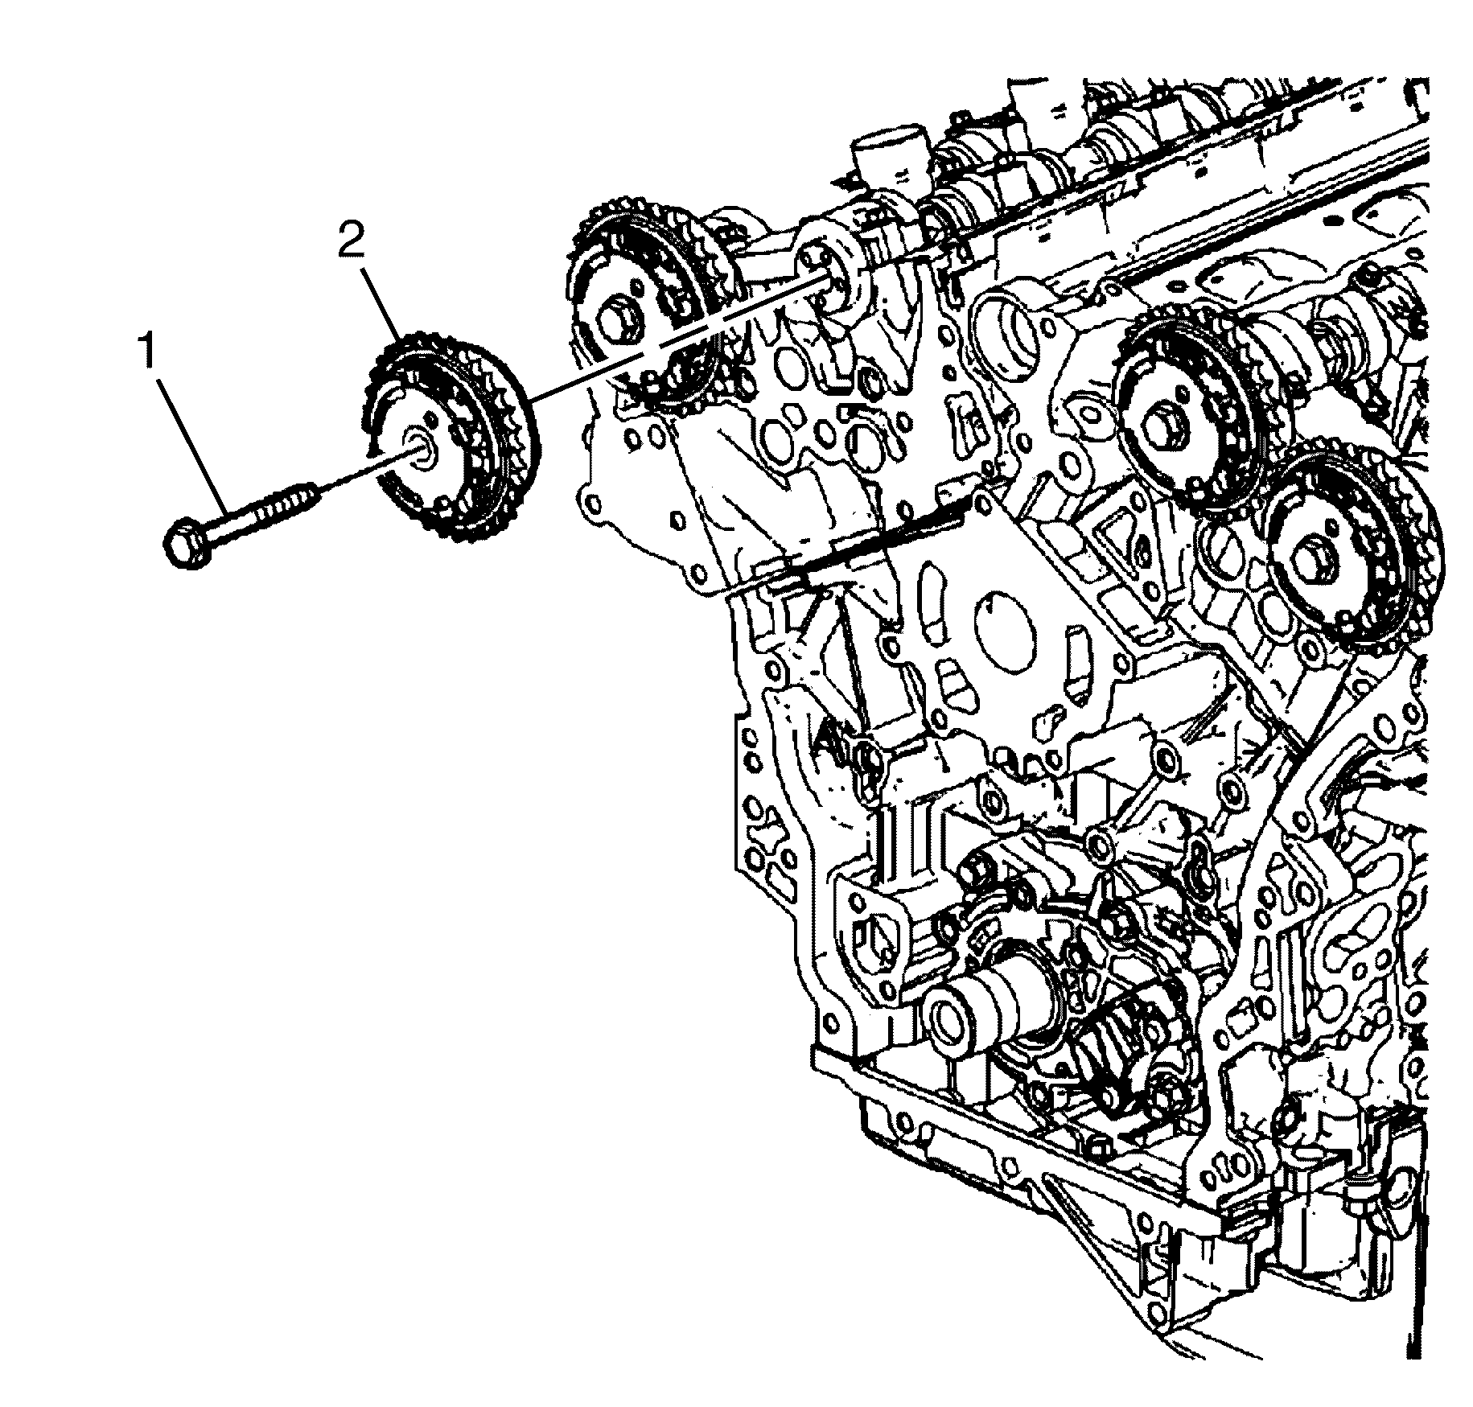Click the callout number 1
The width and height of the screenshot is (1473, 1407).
pos(146,353)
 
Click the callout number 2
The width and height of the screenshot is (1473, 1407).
pos(351,241)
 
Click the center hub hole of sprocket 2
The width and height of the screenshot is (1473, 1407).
pos(422,447)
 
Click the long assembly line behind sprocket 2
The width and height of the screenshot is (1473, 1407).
pos(676,338)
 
